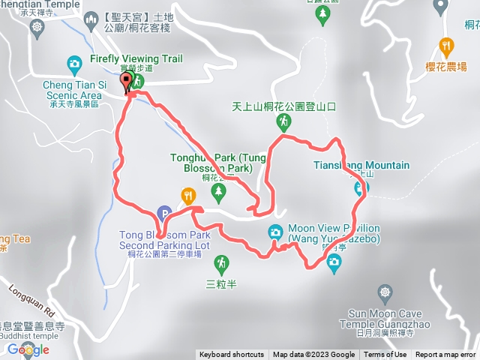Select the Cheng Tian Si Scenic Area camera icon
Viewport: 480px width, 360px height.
click(x=74, y=64)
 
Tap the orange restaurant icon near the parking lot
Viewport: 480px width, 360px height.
click(x=187, y=196)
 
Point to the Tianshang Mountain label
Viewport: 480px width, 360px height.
click(x=361, y=165)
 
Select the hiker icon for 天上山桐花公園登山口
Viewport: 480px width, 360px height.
click(x=283, y=121)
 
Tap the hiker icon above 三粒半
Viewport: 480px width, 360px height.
click(x=220, y=263)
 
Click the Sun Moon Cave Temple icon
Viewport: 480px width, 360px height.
click(x=385, y=291)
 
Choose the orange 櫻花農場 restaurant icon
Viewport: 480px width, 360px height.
click(x=447, y=44)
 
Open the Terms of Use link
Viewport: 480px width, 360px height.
click(x=385, y=355)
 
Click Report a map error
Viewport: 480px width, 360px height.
click(x=446, y=355)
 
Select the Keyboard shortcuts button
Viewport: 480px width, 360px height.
click(x=232, y=355)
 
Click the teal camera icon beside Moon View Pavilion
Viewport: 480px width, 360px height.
click(x=276, y=232)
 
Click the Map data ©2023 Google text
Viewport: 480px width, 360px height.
click(x=314, y=355)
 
